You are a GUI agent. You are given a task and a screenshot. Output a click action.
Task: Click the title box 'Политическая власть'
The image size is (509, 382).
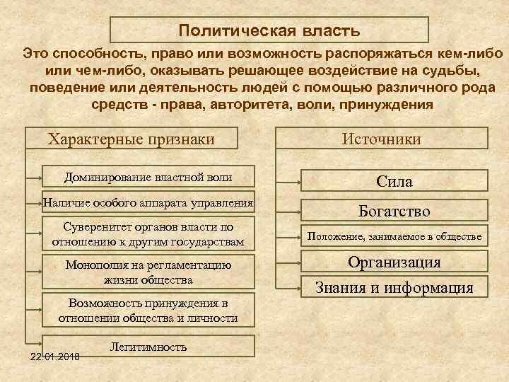pyautogui.click(x=269, y=30)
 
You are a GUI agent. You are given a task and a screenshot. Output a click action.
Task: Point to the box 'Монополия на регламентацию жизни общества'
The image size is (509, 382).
pyautogui.click(x=148, y=272)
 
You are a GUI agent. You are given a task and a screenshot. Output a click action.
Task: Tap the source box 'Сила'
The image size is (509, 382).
pyautogui.click(x=394, y=182)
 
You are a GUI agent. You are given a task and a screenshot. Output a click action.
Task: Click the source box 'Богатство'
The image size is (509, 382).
pyautogui.click(x=394, y=210)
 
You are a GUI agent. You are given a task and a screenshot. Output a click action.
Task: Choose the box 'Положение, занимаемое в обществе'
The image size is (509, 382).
pyautogui.click(x=394, y=236)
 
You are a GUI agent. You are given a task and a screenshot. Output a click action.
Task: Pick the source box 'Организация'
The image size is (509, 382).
pyautogui.click(x=394, y=262)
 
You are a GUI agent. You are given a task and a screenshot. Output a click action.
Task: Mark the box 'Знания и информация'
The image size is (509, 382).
pyautogui.click(x=394, y=287)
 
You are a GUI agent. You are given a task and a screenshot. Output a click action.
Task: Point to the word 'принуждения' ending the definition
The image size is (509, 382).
pyautogui.click(x=387, y=104)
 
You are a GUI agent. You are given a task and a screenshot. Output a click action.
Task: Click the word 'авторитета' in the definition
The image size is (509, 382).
pyautogui.click(x=235, y=104)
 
